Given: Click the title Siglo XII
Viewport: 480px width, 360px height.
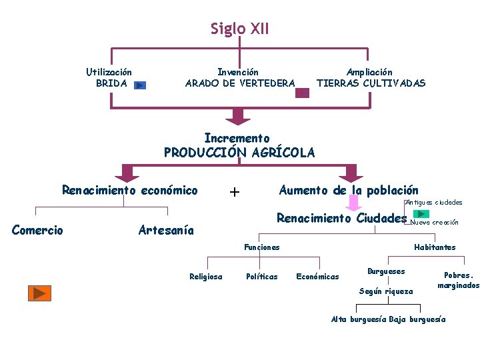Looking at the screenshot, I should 239,29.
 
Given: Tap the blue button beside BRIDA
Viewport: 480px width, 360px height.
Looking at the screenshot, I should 139,85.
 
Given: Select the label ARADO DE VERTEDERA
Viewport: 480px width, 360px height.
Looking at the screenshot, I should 239,83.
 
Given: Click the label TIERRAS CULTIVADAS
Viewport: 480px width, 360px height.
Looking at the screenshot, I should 370,83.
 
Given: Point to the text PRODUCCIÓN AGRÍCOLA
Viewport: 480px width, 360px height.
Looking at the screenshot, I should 239,152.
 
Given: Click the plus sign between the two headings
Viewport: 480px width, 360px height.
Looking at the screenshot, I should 235,192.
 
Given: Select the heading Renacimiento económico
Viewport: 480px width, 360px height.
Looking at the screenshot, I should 130,191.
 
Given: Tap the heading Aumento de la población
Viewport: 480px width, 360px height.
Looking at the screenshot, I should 348,191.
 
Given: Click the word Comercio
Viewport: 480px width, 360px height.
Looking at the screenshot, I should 38,231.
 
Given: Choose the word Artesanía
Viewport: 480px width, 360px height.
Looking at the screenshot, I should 165,231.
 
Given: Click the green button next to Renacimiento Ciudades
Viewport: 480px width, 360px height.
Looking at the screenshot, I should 421,214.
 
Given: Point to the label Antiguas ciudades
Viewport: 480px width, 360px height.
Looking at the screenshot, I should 433,202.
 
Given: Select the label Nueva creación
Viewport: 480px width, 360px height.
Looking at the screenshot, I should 434,223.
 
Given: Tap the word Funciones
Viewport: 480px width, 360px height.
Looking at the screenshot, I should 261,247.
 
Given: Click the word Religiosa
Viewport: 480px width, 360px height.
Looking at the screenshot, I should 206,277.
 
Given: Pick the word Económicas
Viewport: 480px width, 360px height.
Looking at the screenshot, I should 317,277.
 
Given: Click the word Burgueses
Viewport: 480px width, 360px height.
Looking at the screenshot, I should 386,271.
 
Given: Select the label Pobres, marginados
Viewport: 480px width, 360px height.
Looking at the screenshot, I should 458,280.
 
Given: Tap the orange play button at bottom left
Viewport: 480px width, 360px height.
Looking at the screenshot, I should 39,293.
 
